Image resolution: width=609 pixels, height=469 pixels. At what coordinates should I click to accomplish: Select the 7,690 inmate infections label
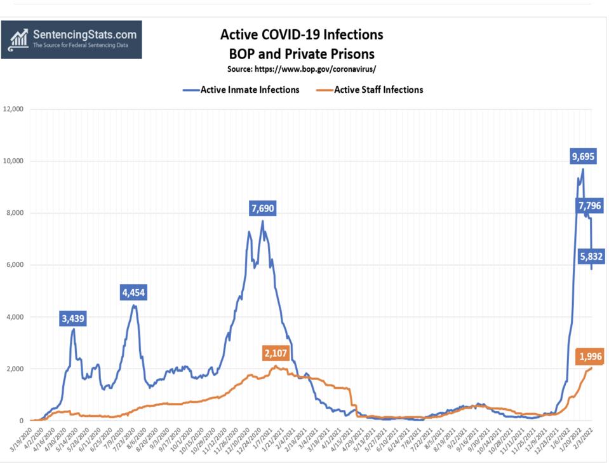tap(262, 208)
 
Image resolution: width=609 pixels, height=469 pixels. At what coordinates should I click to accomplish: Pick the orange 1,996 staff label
tap(589, 357)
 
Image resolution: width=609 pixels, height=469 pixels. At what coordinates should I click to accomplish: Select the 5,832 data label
tap(591, 257)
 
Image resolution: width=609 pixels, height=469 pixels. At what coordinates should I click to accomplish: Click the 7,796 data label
tap(589, 205)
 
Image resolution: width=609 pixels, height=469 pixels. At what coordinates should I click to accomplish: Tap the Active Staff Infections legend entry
tap(370, 90)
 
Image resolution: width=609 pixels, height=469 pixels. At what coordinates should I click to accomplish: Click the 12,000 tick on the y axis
tap(13, 109)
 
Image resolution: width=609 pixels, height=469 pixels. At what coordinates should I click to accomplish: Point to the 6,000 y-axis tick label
tap(15, 265)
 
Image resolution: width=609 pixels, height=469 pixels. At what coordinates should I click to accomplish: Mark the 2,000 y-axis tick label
tap(15, 369)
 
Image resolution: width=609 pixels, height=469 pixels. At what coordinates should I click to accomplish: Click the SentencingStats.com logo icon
tap(18, 39)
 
